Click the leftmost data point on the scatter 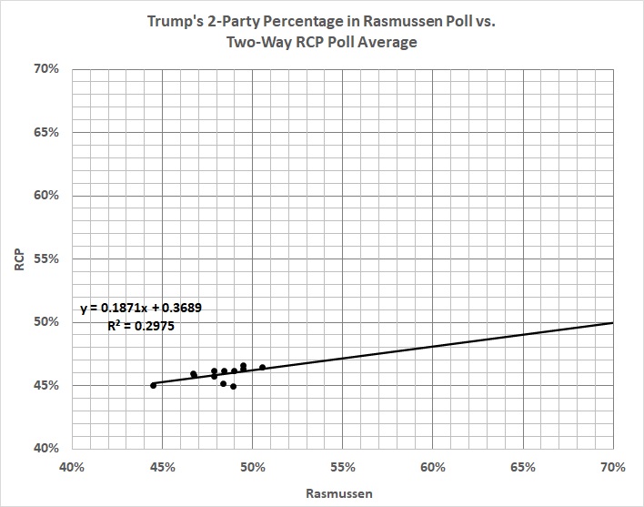[x=153, y=385]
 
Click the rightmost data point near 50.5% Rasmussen [x=262, y=368]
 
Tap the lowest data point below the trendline [x=234, y=386]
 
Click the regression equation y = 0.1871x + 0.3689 [x=141, y=308]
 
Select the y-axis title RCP [x=17, y=259]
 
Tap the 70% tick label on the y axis [x=47, y=69]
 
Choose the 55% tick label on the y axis [x=47, y=259]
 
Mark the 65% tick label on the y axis [x=47, y=132]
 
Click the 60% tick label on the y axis [x=47, y=196]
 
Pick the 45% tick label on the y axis [x=47, y=385]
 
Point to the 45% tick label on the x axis [x=162, y=467]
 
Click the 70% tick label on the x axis [x=612, y=467]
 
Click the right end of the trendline [x=612, y=322]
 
